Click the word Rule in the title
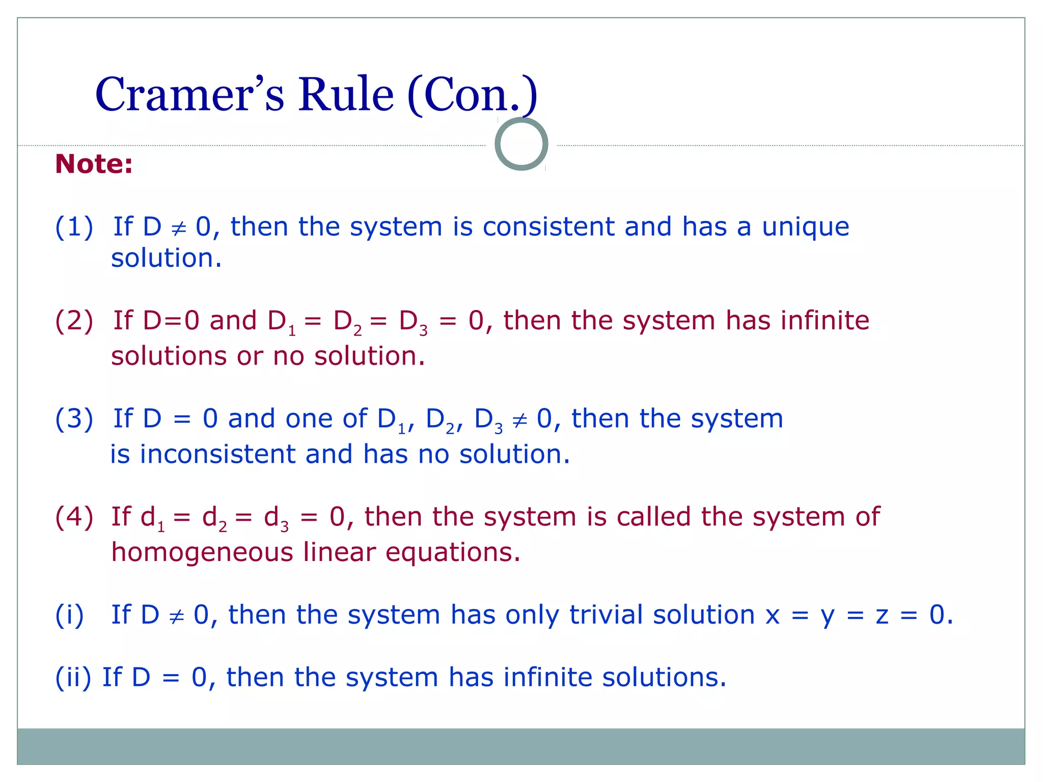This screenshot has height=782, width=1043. [346, 95]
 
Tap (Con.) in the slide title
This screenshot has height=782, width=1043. [472, 95]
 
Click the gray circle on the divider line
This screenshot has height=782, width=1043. [521, 144]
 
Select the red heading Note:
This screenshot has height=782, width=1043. [94, 164]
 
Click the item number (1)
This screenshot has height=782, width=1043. [74, 227]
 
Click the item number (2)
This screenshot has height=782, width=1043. [74, 321]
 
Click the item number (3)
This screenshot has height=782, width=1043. [74, 419]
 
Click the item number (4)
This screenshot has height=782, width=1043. [74, 517]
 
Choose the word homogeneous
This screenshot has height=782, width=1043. [202, 552]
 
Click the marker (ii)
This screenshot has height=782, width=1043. [73, 678]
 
